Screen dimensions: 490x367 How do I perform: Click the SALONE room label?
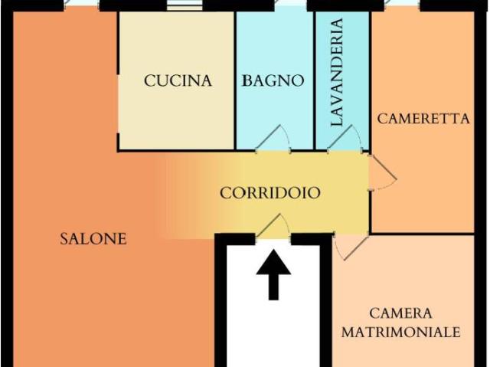[x=93, y=239]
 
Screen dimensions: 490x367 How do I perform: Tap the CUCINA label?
[x=178, y=80]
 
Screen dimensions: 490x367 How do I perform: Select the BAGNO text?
[x=273, y=80]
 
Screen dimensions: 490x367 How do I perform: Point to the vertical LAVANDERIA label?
[x=337, y=72]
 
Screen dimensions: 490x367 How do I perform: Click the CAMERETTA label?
[x=423, y=119]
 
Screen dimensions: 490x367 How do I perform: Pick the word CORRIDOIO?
[x=270, y=193]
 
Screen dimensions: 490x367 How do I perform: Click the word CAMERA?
[x=400, y=313]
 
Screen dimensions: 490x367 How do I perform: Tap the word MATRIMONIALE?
[x=401, y=332]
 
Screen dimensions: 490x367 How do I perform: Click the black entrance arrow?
[x=273, y=275]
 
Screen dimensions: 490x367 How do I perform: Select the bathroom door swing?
[x=273, y=139]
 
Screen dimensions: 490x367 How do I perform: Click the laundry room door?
[x=345, y=139]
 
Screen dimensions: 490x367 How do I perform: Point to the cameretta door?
[x=383, y=172]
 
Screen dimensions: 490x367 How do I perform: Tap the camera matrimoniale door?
[x=351, y=247]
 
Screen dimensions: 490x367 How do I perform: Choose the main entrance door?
[x=273, y=227]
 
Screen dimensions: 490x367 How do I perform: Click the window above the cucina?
[x=185, y=5]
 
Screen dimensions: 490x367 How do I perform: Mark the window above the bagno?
[x=291, y=5]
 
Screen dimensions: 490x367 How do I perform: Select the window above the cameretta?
[x=402, y=5]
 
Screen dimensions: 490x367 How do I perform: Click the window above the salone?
[x=82, y=5]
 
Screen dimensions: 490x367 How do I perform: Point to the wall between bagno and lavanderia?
[x=315, y=80]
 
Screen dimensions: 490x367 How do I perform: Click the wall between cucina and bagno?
[x=235, y=80]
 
